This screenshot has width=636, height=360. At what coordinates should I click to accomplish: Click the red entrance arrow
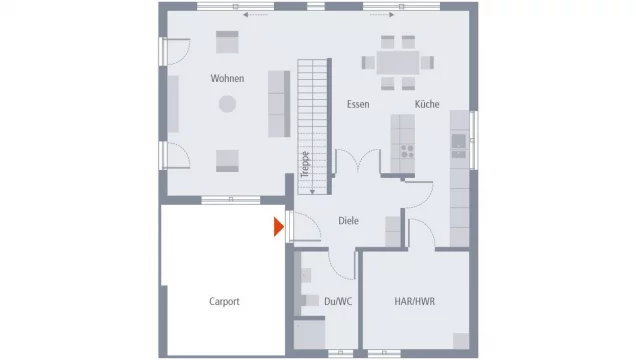tap(279, 228)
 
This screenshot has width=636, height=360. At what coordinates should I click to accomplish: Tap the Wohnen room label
tap(227, 78)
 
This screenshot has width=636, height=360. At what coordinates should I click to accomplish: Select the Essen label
tap(358, 104)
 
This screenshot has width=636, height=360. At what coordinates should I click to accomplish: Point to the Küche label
tap(427, 104)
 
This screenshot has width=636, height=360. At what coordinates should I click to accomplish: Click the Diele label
tap(348, 221)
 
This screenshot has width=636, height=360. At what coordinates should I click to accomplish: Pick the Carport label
tap(224, 301)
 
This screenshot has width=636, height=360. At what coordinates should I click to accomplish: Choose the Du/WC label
tap(337, 301)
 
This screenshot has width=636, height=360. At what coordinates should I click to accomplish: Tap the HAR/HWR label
tap(414, 301)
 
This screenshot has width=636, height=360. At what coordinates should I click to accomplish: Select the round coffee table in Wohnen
tap(227, 103)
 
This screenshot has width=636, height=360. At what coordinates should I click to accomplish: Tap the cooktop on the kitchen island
tap(407, 152)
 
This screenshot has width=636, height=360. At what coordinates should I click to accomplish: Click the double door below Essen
tap(357, 163)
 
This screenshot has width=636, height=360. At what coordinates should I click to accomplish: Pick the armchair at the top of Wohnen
tap(227, 42)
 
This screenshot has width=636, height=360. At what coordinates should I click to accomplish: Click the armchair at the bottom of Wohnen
tap(228, 159)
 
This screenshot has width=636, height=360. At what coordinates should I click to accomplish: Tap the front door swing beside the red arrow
tap(304, 228)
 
